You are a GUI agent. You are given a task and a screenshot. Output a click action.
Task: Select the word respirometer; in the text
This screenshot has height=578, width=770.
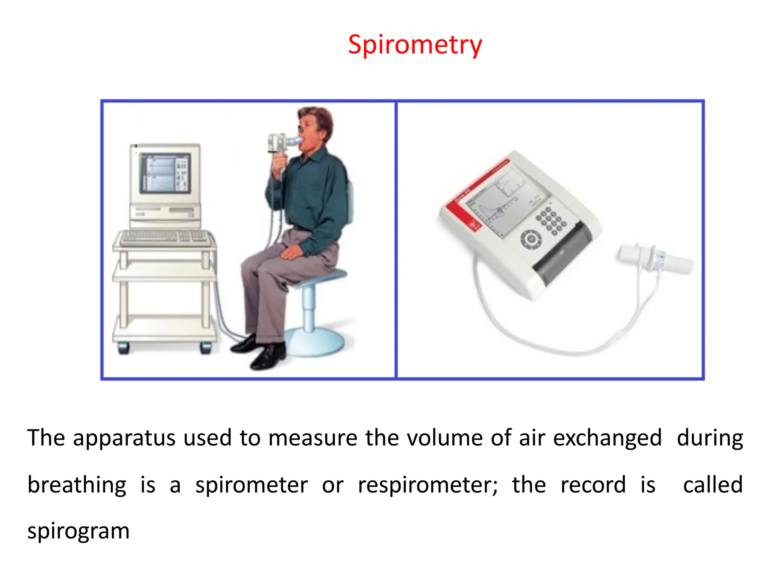pyautogui.click(x=427, y=485)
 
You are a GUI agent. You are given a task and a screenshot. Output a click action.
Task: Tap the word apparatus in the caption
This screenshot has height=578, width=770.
pyautogui.click(x=124, y=438)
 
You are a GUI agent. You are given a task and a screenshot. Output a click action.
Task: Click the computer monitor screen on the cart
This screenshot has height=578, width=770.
pyautogui.click(x=165, y=173)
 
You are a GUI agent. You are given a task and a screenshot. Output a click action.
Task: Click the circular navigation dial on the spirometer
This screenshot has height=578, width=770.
pyautogui.click(x=531, y=239)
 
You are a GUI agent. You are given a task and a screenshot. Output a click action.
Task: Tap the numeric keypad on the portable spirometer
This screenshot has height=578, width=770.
pyautogui.click(x=551, y=220)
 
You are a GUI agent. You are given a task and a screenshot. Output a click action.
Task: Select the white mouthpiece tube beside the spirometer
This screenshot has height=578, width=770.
pyautogui.click(x=654, y=260)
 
